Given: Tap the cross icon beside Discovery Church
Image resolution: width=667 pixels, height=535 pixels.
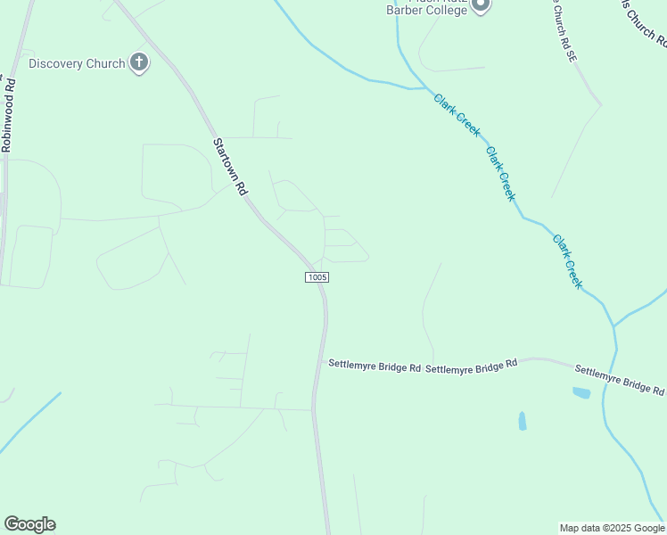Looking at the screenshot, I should [138, 63].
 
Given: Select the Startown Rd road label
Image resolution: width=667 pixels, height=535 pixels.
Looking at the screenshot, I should [229, 167].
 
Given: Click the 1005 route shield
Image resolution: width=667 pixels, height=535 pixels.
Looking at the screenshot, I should [317, 277].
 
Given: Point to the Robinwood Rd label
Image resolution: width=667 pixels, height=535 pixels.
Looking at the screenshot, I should [9, 116].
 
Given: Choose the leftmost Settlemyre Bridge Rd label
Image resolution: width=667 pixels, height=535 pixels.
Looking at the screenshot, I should [375, 365].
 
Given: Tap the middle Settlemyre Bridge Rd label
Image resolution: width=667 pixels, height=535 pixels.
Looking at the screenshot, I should [472, 366].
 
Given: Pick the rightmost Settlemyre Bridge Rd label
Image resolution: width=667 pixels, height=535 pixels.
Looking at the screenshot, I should [620, 380].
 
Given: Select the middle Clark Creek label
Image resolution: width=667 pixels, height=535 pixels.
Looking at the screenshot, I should [500, 174].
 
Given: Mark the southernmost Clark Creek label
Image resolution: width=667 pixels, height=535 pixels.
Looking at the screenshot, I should [567, 261].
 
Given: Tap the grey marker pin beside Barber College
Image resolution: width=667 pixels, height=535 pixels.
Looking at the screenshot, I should [481, 5].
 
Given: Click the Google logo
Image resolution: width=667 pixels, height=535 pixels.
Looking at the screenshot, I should [29, 524].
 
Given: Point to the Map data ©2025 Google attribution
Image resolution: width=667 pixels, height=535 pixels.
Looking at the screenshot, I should [612, 528].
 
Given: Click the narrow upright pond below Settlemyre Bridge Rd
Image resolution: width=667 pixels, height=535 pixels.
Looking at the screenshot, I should [522, 420].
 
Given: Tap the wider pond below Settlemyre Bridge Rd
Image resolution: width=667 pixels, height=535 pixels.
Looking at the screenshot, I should [581, 392].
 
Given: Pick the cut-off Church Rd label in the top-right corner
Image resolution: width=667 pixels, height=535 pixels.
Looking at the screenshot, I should [644, 22].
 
